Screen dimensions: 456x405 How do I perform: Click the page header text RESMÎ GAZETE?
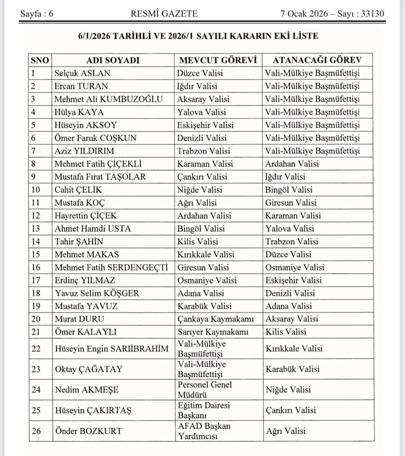pos(163,14)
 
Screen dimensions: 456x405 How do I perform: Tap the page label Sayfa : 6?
pos(37,14)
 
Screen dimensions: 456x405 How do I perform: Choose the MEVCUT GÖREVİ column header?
pos(218,60)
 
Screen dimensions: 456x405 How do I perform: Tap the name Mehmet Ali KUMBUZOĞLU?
pos(109,99)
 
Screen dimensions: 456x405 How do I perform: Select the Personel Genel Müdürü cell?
pos(205,390)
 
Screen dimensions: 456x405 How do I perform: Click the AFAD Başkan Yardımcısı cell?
pos(204,431)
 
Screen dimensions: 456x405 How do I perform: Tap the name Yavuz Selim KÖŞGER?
pos(96,293)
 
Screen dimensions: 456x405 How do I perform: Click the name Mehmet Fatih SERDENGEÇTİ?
pos(111,267)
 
